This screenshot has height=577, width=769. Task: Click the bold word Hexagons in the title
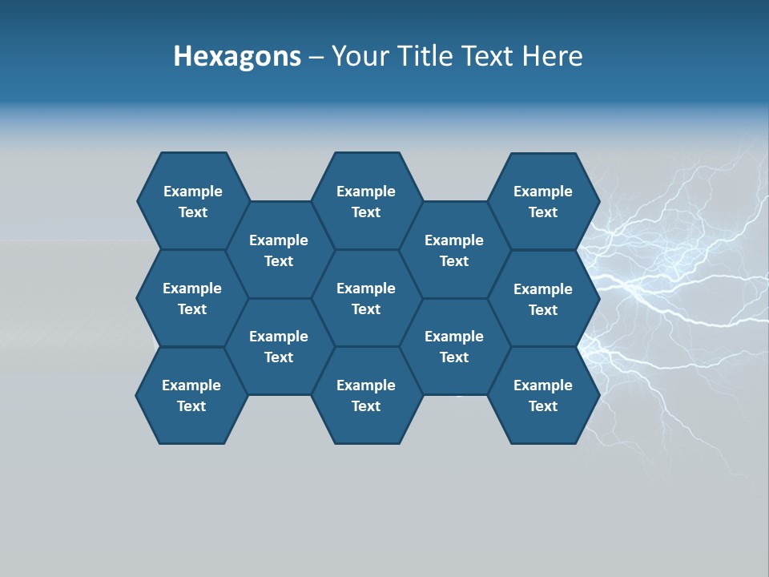pos(237,56)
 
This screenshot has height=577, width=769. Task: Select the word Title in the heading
pos(420,56)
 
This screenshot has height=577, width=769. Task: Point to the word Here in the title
pos(553,56)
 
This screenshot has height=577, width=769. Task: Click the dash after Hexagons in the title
pos(316,56)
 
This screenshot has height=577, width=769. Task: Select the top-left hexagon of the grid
pos(192,201)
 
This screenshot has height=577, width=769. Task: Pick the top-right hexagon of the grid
pos(543,201)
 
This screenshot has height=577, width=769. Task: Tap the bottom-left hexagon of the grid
pos(191,395)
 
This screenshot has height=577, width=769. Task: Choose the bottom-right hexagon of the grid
pos(543,395)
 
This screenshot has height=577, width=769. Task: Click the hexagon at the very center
pos(366,298)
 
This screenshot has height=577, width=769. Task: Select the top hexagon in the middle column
pos(366,201)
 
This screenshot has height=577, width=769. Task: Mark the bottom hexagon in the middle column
pos(366,395)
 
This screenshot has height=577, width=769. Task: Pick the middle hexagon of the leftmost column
pos(192,298)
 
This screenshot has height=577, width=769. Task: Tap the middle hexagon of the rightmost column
pos(543,299)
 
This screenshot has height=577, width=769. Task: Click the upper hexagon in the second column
pos(279,250)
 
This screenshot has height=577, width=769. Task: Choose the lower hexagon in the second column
pos(279,346)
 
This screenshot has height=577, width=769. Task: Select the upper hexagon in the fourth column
pos(454,250)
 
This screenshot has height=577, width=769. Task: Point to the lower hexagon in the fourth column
pos(454,346)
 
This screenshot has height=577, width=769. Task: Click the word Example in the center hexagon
pos(366,288)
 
